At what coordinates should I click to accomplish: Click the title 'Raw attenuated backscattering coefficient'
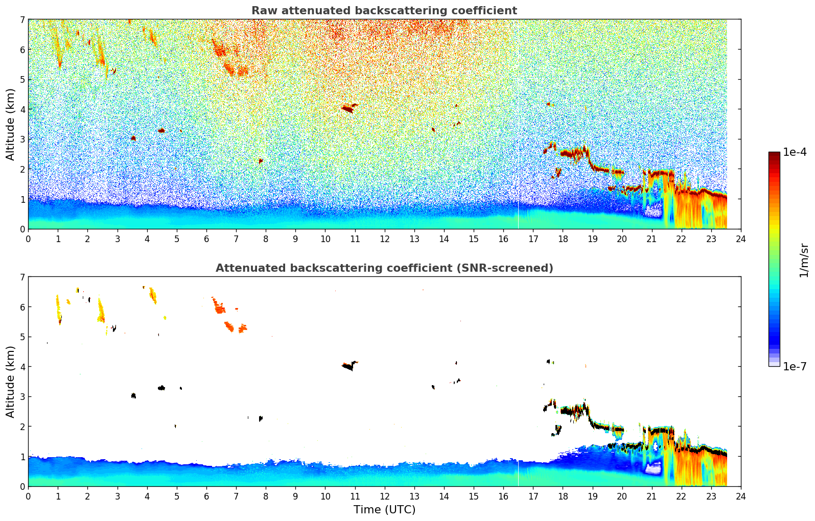coord(384,11)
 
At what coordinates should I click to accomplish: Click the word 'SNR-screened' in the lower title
coord(513,268)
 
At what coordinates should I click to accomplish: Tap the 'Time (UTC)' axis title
coord(384,510)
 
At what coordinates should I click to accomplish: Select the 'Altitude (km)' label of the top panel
coord(10,124)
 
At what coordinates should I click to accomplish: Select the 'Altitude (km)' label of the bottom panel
coord(10,382)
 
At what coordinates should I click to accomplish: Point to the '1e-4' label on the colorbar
coord(795,152)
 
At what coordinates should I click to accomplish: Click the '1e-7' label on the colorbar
coord(795,366)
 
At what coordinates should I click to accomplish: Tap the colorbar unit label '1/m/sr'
coord(804,260)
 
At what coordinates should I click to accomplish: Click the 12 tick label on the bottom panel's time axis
coord(384,496)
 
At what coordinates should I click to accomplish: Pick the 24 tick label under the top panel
coord(740,239)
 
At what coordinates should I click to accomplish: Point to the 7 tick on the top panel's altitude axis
coord(22,20)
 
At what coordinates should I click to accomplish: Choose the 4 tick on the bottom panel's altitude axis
coord(22,367)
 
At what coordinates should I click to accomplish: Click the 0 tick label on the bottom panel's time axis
coord(28,496)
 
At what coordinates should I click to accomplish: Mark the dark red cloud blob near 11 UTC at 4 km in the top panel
coord(347,108)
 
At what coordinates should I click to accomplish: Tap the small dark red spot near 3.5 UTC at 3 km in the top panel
coord(133,138)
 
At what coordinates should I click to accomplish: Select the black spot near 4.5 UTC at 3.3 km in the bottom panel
coord(161,388)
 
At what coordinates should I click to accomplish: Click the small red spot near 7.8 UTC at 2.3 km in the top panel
coord(261,161)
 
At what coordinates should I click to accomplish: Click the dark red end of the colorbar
coord(774,155)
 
